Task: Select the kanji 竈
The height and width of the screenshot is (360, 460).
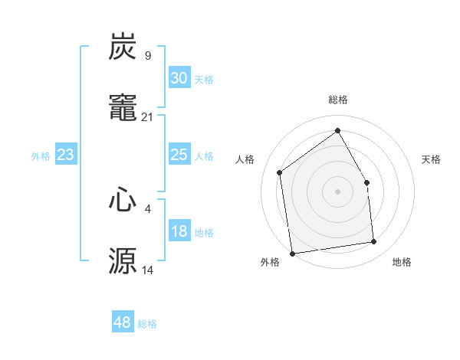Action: click(x=123, y=108)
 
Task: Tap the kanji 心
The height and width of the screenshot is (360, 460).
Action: click(x=123, y=200)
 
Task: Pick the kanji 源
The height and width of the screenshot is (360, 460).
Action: click(x=123, y=260)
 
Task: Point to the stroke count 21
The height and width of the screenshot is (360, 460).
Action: click(x=147, y=116)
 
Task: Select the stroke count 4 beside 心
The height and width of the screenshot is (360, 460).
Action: click(x=147, y=208)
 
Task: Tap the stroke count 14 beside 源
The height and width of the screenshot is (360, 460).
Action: click(x=147, y=270)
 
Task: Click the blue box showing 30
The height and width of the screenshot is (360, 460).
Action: click(x=179, y=78)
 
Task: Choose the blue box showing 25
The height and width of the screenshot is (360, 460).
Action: click(x=179, y=155)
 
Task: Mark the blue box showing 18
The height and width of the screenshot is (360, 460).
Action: click(x=179, y=232)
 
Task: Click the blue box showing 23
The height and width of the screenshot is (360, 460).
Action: click(x=66, y=155)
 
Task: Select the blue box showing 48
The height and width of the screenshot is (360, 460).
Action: click(x=123, y=322)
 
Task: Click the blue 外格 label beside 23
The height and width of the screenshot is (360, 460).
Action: click(x=41, y=156)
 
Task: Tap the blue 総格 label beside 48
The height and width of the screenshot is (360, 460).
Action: click(x=147, y=324)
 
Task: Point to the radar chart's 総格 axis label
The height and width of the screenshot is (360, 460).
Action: click(x=337, y=100)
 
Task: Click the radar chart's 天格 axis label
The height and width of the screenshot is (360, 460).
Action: click(x=431, y=159)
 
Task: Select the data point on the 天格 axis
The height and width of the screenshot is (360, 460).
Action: click(x=366, y=182)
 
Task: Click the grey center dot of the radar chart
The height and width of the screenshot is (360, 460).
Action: click(x=337, y=191)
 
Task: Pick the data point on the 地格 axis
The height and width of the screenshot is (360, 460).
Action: click(x=374, y=242)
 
